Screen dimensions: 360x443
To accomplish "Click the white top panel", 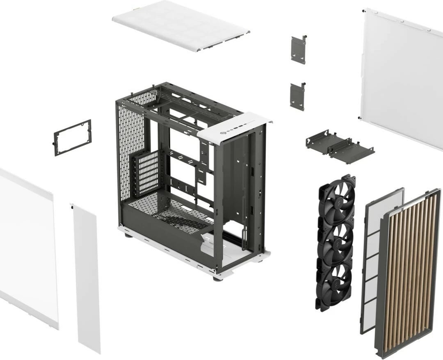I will [x=180, y=25].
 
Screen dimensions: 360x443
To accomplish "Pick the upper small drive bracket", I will [x=298, y=50].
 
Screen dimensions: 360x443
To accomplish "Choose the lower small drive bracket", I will [x=297, y=96].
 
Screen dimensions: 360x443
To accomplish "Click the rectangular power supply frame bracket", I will [x=73, y=138].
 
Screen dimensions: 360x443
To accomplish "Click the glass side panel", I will [x=27, y=246].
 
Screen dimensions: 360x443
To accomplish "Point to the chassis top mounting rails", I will [x=185, y=103].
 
